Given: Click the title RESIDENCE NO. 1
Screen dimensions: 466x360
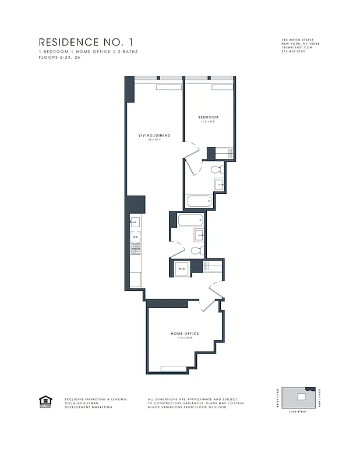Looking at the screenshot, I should pos(89,42).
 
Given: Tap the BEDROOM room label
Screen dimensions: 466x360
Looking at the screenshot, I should pos(209,118).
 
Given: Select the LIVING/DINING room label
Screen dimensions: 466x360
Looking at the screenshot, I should pos(154,136).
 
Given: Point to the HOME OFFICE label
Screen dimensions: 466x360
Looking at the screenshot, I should pos(185,333).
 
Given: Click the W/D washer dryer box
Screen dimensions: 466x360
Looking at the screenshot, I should pos(181,269).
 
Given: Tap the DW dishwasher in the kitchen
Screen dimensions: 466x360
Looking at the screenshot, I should pos(135,237).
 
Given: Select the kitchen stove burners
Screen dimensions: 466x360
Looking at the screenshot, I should pos(135,249).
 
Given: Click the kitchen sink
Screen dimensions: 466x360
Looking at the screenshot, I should pos(135,222).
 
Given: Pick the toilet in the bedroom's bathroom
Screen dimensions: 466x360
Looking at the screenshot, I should pos(216,170).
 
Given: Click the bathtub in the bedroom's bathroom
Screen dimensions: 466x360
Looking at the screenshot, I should pos(199,202).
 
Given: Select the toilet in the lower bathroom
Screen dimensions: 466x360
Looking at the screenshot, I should pos(197,250).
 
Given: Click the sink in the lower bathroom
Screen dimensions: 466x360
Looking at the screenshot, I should pos(199,235).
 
